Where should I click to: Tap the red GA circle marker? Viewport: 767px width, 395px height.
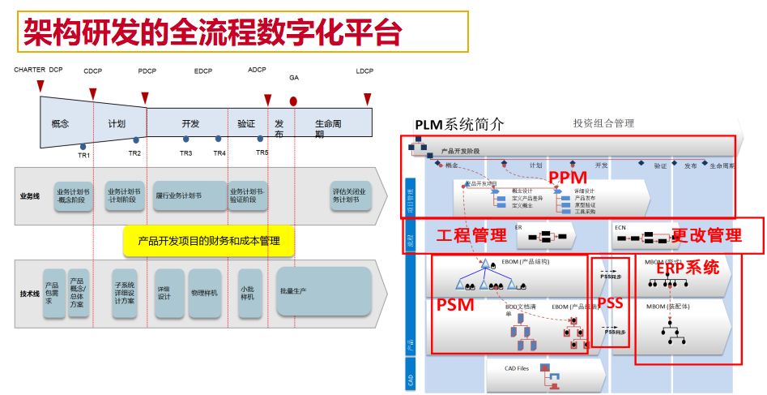293,101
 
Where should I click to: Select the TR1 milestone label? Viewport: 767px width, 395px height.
84,155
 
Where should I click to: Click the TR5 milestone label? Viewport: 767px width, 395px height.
262,153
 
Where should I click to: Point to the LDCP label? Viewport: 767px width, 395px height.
364,71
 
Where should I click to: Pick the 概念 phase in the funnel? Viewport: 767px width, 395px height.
60,124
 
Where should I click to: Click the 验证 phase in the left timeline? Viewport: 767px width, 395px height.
246,124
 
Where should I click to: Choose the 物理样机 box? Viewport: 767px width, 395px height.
204,293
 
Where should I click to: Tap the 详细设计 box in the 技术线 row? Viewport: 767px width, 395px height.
164,293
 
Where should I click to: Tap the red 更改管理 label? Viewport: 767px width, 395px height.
706,236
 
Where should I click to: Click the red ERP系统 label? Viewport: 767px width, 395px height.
687,267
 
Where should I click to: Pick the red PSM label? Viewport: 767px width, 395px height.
456,306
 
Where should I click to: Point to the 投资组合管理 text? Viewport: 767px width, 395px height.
603,123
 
